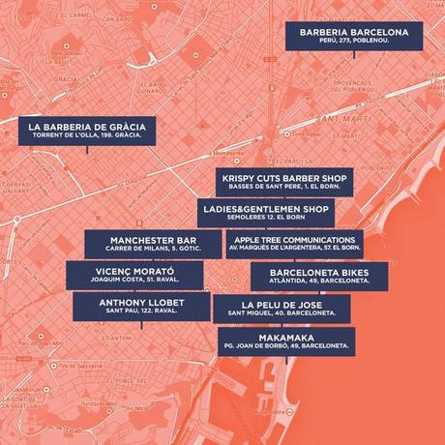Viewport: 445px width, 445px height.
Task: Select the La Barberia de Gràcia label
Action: tap(85, 132)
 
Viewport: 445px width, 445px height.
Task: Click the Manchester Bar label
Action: tap(147, 244)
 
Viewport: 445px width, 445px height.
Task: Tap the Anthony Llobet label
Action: tap(140, 307)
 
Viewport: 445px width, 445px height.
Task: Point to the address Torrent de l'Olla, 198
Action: tap(85, 138)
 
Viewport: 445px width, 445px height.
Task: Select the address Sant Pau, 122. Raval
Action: tap(140, 312)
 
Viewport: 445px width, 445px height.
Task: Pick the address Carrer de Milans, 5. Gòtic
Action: tap(147, 250)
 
